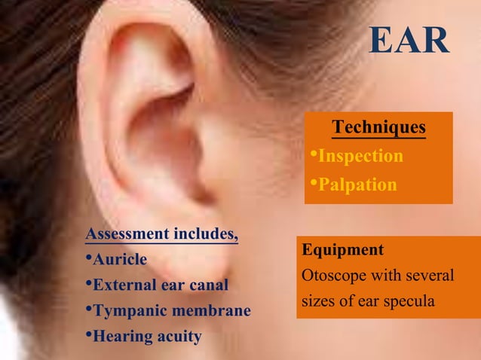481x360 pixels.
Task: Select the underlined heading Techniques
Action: pos(379,127)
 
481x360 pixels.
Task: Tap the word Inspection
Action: pos(360,156)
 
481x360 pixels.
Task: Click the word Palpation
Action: pos(357,185)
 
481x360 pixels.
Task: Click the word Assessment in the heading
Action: pos(127,234)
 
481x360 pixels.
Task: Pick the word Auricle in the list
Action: pos(119,260)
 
